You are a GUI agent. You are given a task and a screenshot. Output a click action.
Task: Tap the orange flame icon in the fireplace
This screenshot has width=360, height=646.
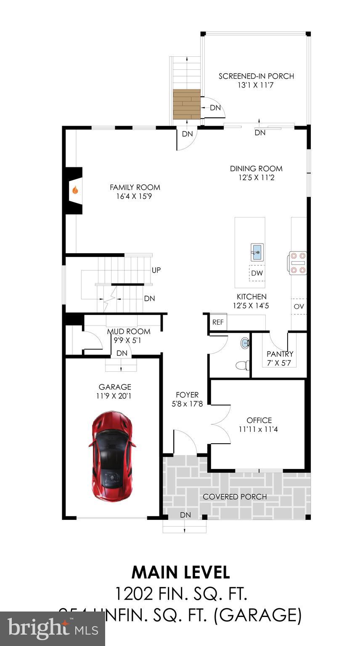(75, 191)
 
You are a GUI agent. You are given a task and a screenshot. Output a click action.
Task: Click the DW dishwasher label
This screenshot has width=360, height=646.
(257, 273)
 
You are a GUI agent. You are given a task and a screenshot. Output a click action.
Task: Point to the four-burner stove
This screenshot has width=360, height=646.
(298, 263)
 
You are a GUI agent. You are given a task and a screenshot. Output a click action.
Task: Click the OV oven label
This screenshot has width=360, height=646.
(299, 307)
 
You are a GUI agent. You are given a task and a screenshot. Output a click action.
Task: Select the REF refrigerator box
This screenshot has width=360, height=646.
(217, 323)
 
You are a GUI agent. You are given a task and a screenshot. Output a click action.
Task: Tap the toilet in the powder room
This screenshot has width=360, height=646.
(241, 365)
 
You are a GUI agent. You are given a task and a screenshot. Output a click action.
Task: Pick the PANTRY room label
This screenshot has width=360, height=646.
(280, 354)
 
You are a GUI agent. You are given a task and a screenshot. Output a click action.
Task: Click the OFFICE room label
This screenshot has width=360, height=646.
(259, 420)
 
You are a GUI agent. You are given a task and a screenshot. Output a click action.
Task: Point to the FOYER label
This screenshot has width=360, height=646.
(187, 395)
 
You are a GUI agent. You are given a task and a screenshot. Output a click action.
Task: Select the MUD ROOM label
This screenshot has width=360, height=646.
(129, 331)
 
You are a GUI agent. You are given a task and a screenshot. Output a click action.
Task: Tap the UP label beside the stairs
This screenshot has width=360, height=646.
(156, 270)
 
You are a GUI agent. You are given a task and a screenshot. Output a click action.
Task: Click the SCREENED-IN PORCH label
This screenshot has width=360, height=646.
(256, 76)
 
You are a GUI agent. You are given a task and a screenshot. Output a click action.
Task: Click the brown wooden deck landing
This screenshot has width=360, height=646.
(187, 104)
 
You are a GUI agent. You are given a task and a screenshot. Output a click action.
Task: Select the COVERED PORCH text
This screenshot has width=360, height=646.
(235, 497)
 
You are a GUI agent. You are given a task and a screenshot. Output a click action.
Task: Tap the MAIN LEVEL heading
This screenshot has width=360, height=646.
(180, 572)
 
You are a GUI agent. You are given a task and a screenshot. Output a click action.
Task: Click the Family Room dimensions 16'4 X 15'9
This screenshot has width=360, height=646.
(135, 196)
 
